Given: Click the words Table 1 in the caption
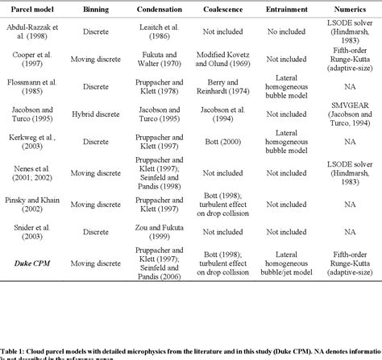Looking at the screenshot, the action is coord(14,342).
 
